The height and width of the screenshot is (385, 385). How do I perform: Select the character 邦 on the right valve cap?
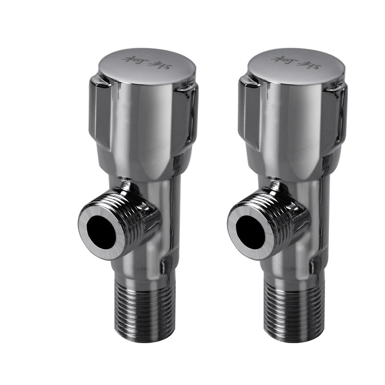click(310, 64)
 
